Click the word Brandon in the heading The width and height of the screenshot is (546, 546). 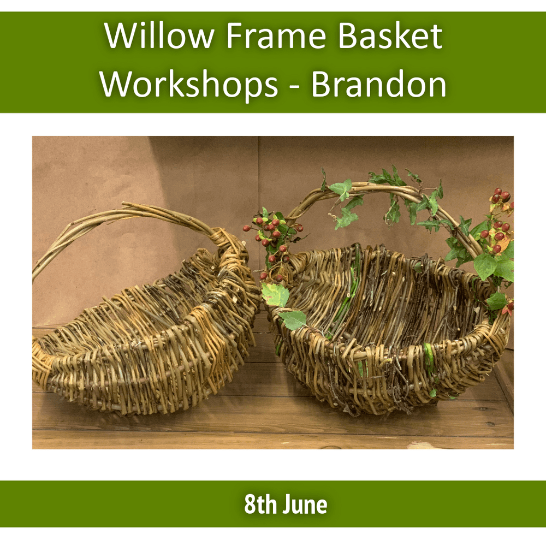(x=378, y=84)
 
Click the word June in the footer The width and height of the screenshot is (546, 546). (x=305, y=505)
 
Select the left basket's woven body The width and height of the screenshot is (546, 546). (x=142, y=349)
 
